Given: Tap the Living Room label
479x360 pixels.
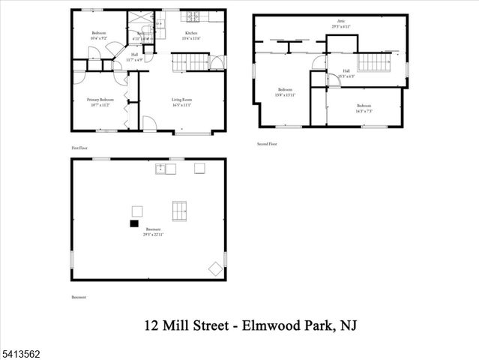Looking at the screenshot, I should [182, 99].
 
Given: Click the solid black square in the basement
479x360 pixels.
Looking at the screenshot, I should [134, 223].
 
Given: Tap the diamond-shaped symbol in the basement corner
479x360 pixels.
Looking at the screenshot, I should [214, 268].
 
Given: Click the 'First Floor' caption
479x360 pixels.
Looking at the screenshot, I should [79, 148].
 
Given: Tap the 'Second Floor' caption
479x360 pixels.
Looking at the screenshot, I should [267, 143].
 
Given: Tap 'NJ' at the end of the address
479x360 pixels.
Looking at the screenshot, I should [344, 326].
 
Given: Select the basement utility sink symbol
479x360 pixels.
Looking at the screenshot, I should [166, 169].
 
